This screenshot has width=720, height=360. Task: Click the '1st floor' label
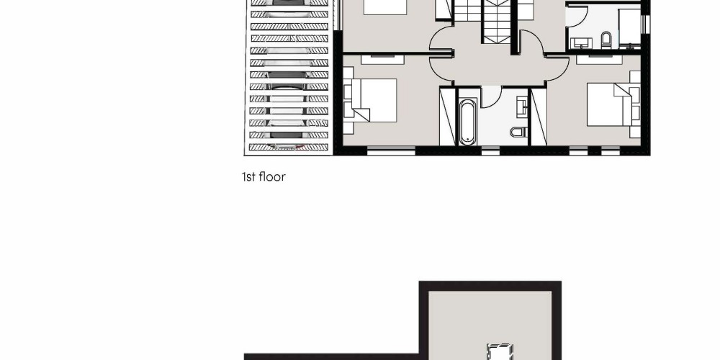point(264,177)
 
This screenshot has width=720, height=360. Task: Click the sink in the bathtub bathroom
point(522,107)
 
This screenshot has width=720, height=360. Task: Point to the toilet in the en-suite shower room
point(606,40)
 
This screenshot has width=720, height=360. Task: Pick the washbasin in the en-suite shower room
point(581,43)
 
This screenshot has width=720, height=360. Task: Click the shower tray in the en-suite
point(629,27)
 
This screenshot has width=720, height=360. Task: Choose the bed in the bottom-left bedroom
point(370,100)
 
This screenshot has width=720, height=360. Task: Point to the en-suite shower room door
point(577,16)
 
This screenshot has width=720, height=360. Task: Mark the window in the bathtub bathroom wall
point(490,150)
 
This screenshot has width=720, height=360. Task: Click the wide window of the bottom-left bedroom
point(391,150)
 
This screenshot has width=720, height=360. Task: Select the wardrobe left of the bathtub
point(448,117)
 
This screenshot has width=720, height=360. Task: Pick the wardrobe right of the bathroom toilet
point(539,117)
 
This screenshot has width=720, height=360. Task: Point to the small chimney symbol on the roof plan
point(500,353)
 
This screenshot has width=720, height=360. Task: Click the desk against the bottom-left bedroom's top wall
point(382,59)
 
